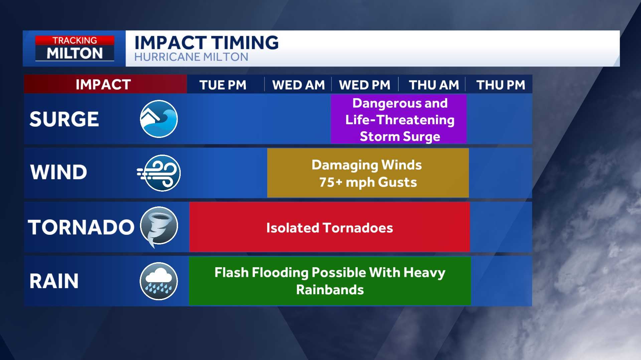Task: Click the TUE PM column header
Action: coord(223,85)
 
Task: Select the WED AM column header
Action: coord(298,85)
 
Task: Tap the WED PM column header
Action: coord(364,85)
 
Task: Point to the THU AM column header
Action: coord(434,85)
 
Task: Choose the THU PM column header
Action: coord(501,85)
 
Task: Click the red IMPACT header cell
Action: coord(105,84)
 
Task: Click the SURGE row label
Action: coord(64,119)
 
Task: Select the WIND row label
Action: coord(58,172)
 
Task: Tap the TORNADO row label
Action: coord(81,227)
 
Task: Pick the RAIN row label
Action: coord(54,281)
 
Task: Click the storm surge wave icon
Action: coord(159,119)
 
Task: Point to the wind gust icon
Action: coord(159,173)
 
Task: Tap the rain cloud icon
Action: coord(159,281)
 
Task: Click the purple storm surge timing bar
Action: coord(398,119)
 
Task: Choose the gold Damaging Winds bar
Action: coord(368,173)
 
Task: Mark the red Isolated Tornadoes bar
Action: coord(330,227)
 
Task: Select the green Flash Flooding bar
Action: coord(330,281)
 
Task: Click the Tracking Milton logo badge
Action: coord(75,48)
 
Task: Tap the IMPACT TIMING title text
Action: coord(206,43)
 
